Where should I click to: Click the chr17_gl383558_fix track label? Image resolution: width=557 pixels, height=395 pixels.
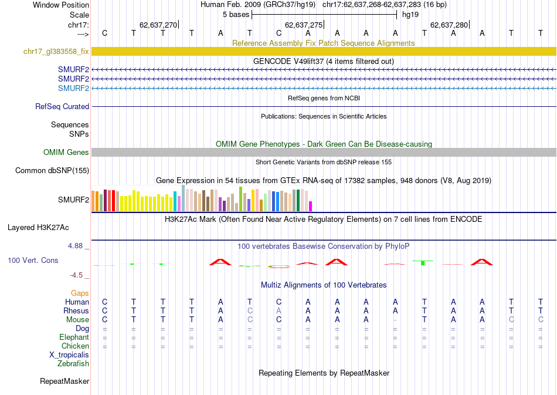click(56, 52)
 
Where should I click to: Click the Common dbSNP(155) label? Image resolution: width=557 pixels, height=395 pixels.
click(52, 171)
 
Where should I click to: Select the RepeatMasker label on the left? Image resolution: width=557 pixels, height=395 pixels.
click(64, 382)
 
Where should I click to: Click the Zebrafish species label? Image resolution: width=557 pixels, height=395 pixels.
click(73, 364)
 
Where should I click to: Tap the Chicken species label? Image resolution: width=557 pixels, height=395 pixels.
click(74, 346)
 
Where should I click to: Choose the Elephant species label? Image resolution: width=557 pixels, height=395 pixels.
click(74, 337)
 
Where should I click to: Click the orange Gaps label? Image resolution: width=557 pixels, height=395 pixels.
click(80, 293)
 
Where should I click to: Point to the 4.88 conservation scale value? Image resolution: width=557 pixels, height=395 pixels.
click(79, 246)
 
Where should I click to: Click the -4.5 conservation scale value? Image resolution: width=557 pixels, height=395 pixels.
click(80, 275)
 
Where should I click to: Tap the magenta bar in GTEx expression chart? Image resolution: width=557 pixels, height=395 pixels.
click(311, 206)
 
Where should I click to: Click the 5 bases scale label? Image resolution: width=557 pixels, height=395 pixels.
click(236, 15)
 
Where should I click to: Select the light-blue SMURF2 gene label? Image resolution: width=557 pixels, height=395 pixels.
click(73, 89)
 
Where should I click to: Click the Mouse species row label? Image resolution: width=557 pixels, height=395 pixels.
click(77, 320)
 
